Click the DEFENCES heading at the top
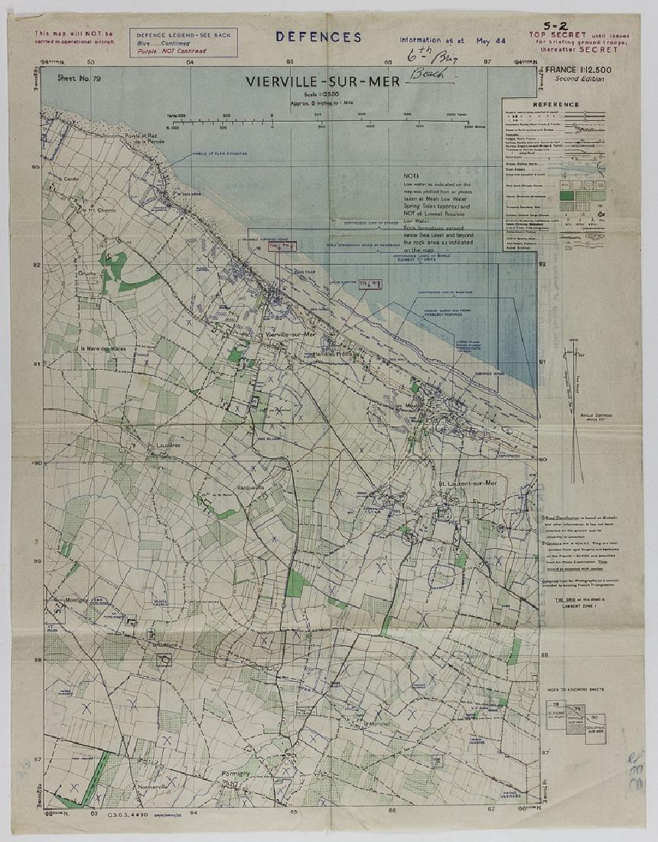pos(318,37)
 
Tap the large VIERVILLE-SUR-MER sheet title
pos(322,81)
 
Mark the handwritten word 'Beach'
pos(430,74)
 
